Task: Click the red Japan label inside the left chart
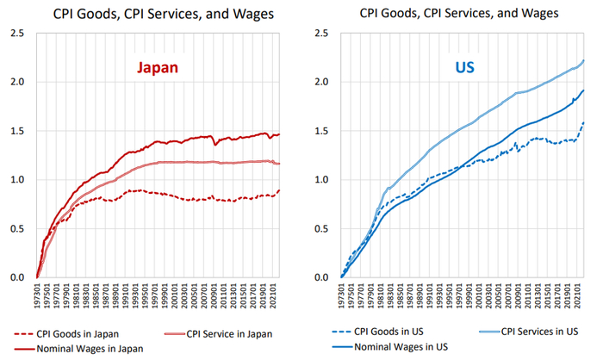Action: coord(155,69)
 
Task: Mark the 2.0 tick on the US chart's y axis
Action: coord(321,83)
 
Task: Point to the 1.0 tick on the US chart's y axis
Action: coord(321,180)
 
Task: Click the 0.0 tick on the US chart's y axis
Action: coord(321,277)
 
